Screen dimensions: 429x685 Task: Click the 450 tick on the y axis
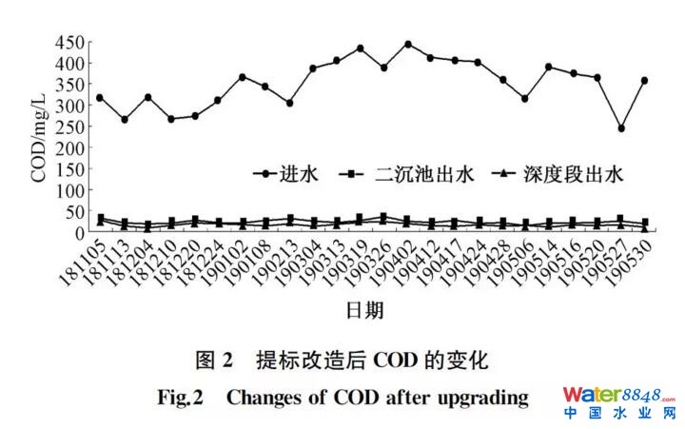(69, 43)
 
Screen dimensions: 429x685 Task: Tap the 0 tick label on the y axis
(80, 232)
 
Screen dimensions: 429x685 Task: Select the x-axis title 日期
(364, 310)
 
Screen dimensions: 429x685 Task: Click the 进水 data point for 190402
(408, 45)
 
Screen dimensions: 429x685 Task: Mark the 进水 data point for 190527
(621, 128)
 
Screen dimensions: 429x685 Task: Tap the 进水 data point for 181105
(100, 98)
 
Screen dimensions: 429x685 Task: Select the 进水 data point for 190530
(645, 81)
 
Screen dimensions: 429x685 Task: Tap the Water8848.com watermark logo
(618, 402)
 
